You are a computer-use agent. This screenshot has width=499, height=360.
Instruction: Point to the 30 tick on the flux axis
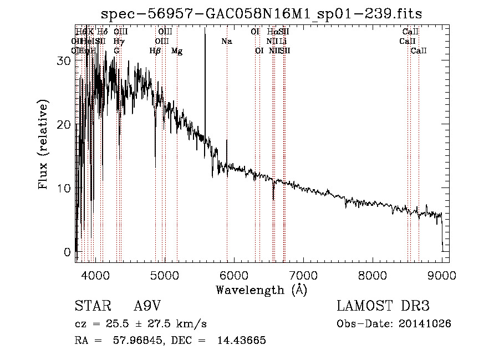[x=64, y=61]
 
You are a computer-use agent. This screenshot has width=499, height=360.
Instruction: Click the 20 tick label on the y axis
[x=64, y=125]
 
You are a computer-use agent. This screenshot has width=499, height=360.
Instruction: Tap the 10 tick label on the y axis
[x=64, y=189]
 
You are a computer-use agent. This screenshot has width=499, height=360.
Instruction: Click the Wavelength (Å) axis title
[x=261, y=289]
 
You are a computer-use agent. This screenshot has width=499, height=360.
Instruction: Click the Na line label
[x=226, y=41]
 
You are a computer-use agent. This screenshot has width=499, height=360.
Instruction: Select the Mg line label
[x=177, y=51]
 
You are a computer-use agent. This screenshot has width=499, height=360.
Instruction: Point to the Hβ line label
[x=155, y=51]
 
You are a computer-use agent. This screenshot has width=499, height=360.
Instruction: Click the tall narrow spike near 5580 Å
[x=205, y=83]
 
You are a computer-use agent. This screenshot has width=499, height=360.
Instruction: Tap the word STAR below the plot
[x=91, y=306]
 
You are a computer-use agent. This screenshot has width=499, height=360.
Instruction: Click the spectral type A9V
[x=148, y=306]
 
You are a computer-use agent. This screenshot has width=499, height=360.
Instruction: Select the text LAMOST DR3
[x=383, y=306]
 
